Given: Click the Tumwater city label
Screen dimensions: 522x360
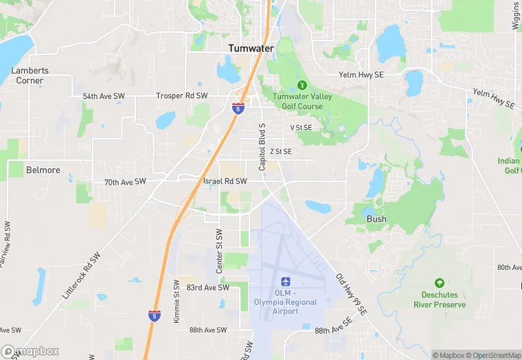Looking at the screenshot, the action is (251, 48).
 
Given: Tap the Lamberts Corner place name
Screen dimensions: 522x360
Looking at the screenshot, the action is (30, 76).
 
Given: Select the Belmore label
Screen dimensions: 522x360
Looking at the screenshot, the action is (43, 170).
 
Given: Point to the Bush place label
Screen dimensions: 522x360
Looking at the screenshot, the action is (376, 219).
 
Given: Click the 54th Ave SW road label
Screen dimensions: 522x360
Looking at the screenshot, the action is (104, 96).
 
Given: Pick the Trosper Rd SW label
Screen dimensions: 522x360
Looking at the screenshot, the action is (182, 96).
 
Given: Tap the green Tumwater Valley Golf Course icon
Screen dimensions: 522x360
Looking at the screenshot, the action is (302, 85).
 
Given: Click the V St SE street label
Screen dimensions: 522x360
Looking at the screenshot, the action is (301, 128).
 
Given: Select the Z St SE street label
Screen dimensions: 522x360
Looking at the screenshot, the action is (281, 151).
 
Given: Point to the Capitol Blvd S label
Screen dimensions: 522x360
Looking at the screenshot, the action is (262, 148).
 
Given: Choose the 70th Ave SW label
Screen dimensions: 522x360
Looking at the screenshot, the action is (125, 182).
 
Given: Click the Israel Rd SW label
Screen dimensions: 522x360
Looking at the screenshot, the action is (225, 181).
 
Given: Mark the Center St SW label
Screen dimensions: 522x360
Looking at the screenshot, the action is (220, 252).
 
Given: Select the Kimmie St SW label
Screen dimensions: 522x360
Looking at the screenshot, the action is (177, 301).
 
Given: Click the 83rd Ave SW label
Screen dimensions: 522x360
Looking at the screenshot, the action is (207, 288).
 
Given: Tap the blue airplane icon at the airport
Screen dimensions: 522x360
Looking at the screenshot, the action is (286, 282).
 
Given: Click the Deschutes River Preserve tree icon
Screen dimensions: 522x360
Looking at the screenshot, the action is (440, 283).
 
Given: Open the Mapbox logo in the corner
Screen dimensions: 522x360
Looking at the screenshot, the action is (30, 351).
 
